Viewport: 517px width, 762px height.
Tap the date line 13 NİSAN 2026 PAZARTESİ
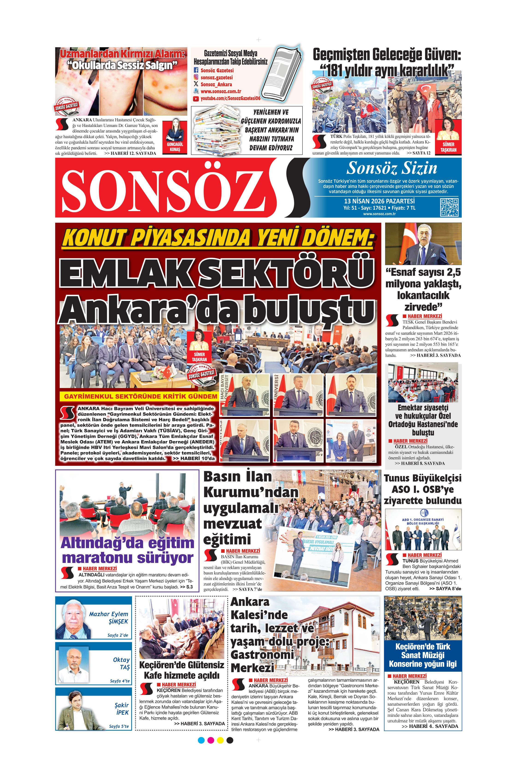coord(379,201)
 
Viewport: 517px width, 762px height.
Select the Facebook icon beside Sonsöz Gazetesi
coord(196,70)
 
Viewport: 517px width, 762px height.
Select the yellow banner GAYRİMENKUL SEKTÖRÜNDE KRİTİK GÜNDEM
coord(140,396)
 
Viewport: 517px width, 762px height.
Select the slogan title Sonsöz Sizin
coord(392,168)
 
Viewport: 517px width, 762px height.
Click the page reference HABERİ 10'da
coord(194,458)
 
